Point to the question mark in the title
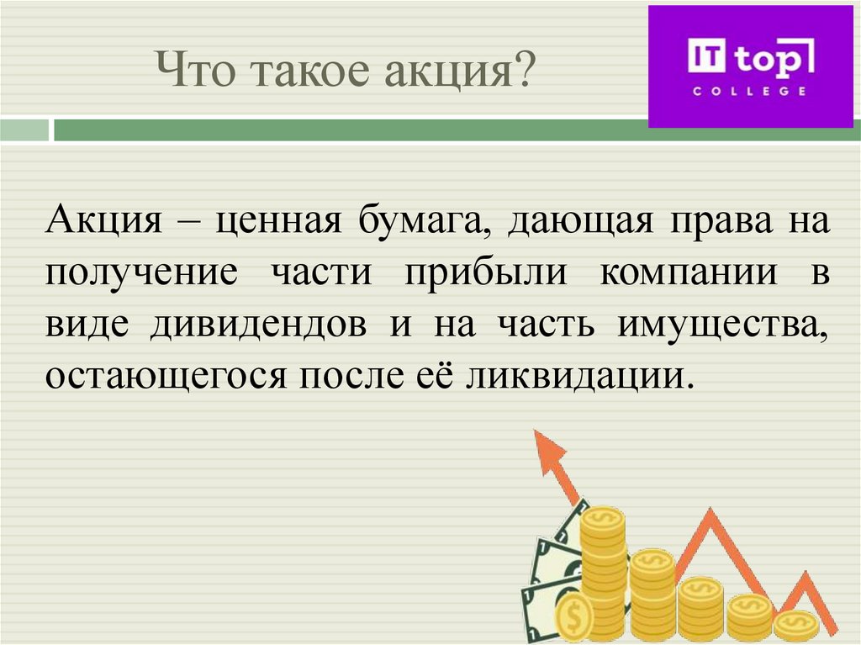point(525,68)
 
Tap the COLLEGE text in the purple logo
point(748,91)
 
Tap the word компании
point(688,273)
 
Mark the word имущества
point(723,324)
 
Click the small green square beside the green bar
point(24,130)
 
